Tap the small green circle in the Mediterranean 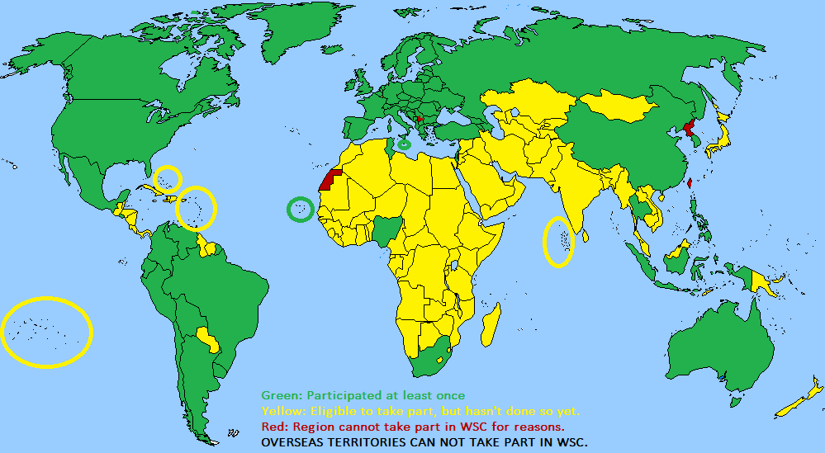click(x=404, y=144)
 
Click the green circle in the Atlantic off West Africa click(x=300, y=210)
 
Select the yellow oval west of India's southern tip click(x=558, y=241)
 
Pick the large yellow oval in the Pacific click(x=46, y=331)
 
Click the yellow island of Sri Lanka click(x=586, y=236)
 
